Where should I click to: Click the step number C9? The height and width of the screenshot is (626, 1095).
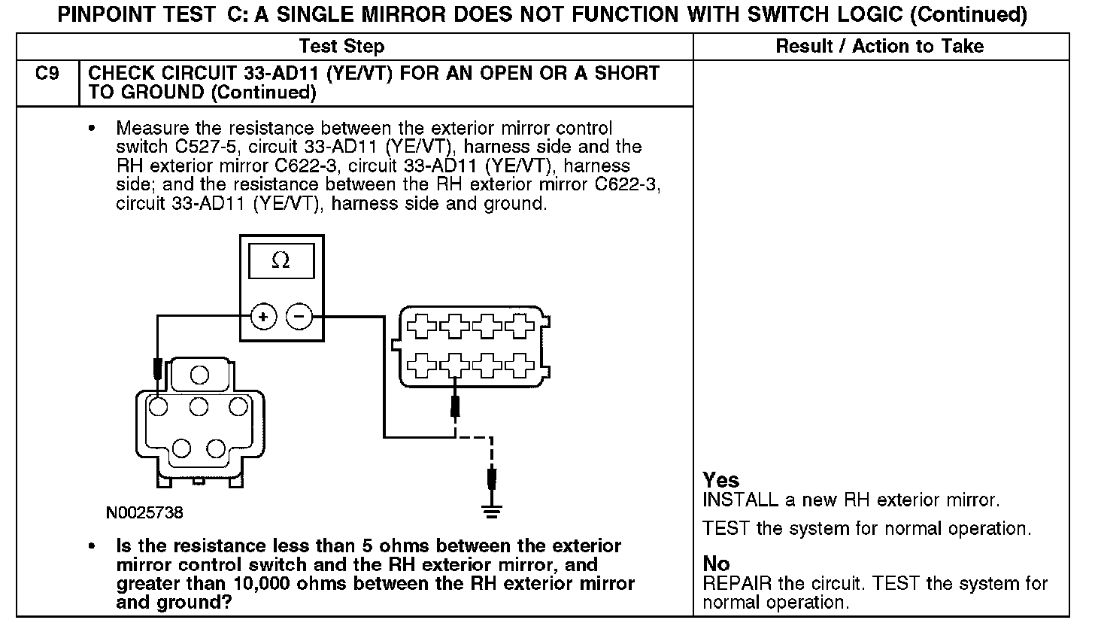coord(47,74)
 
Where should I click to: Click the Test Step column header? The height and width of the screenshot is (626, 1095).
coord(341,47)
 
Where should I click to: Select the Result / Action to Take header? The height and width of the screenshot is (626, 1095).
coord(879,47)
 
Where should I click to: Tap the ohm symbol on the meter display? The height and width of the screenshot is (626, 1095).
coord(281,260)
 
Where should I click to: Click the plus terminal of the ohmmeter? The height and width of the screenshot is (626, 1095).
coord(263,317)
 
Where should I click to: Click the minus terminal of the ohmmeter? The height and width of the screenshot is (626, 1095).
coord(299,317)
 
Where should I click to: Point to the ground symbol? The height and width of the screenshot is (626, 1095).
coord(492,509)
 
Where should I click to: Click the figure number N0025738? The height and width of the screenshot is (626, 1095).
coord(144,513)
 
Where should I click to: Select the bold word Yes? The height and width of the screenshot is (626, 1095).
coord(720,480)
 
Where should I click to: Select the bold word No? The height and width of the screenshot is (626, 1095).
coord(716,564)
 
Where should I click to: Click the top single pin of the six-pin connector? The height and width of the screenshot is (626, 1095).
coord(199,374)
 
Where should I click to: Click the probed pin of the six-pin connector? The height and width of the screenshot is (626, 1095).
coord(158,407)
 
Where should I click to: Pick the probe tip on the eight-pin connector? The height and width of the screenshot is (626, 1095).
coord(454,406)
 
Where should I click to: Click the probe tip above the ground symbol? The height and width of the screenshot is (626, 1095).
coord(492,479)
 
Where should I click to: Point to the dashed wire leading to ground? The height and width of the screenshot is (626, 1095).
coord(490,451)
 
